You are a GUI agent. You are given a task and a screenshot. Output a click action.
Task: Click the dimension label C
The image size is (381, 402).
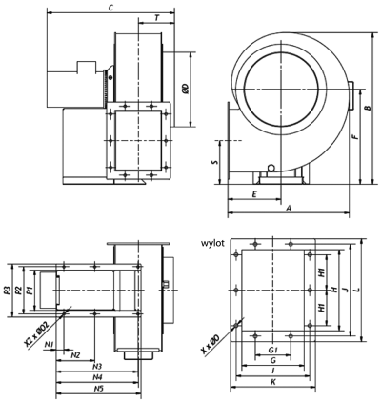point(110,9)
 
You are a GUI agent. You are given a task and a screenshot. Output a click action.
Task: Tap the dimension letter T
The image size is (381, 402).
point(156,18)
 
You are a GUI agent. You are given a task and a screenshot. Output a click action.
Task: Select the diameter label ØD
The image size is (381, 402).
point(186,89)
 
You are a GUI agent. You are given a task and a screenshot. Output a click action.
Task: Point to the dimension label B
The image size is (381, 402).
point(368,108)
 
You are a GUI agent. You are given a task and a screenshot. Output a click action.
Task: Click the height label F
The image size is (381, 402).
point(355,136)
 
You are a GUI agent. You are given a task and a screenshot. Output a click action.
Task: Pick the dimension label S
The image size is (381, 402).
point(215,162)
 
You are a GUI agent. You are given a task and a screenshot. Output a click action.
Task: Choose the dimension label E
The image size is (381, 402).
point(254,194)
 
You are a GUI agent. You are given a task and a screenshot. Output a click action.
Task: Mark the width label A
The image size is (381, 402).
point(289,208)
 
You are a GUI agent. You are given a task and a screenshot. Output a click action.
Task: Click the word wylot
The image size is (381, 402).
point(212,244)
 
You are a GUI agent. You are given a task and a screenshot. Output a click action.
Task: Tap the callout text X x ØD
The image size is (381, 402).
point(211,345)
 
